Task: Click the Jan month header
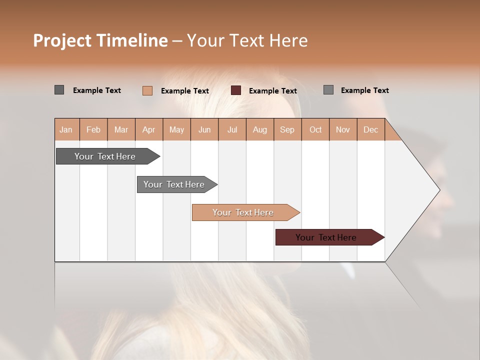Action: click(66, 129)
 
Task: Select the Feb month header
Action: click(93, 129)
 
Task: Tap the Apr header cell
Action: click(148, 129)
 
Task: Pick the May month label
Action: click(176, 129)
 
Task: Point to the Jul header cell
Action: click(232, 129)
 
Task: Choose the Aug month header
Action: click(259, 129)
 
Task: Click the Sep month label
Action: click(287, 129)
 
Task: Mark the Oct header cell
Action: click(315, 129)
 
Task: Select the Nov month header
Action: click(343, 129)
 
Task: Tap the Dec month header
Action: click(370, 129)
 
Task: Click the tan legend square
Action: click(147, 90)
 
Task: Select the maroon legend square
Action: click(236, 90)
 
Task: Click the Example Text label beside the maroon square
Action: click(272, 91)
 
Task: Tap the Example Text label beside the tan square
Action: click(184, 91)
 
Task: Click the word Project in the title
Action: click(63, 40)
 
